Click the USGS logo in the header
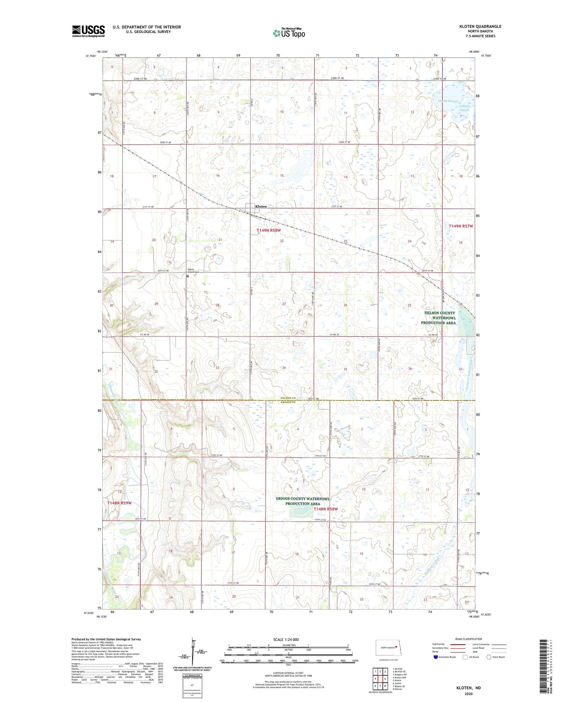point(88,31)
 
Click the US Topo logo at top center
point(289,33)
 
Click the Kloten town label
point(261,206)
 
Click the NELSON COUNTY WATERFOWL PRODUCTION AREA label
point(439,318)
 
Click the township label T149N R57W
point(461,226)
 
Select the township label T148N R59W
point(119,503)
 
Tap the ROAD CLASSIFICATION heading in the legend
point(468,639)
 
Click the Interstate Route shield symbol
point(436,657)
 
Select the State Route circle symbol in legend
point(489,657)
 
